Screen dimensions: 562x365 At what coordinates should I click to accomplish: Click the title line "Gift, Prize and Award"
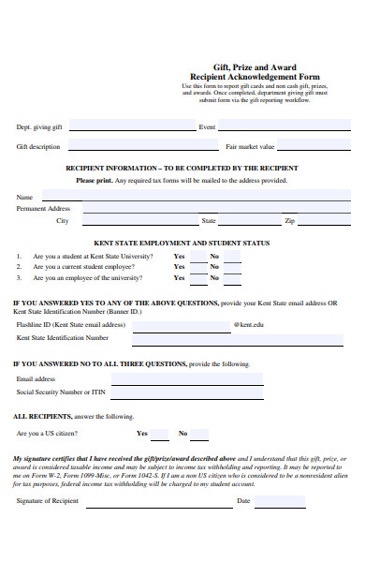[255, 68]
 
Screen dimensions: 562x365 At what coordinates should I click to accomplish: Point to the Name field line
[187, 197]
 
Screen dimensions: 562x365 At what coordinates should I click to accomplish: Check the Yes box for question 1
[197, 256]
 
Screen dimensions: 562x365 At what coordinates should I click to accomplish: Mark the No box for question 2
[232, 267]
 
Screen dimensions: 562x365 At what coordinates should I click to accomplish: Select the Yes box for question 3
[197, 278]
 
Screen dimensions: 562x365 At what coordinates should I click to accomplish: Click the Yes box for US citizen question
[160, 434]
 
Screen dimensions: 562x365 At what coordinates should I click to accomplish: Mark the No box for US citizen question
[199, 434]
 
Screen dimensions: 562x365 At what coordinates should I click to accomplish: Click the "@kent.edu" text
[248, 324]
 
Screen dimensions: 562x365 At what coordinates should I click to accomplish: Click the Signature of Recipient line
[150, 527]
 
